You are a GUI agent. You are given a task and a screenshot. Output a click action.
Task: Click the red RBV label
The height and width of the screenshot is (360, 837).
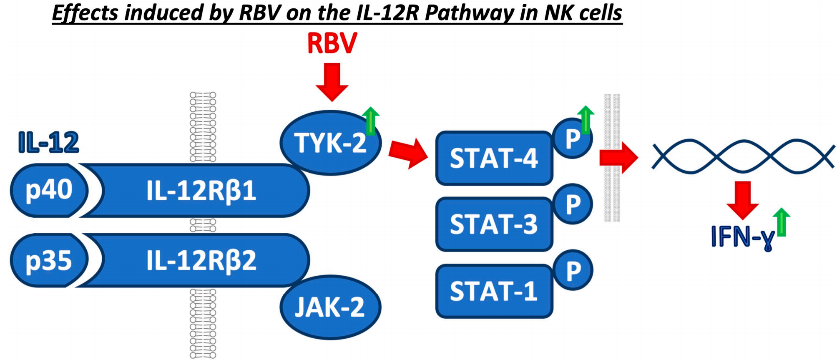(332, 43)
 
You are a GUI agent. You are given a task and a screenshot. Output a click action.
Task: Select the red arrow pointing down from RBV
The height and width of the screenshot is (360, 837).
(332, 82)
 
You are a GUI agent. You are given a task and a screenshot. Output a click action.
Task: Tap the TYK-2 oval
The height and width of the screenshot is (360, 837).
(330, 142)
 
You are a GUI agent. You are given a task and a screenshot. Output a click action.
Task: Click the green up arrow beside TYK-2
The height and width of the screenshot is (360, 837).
(370, 121)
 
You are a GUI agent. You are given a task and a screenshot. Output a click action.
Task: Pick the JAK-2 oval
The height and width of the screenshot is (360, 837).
(330, 307)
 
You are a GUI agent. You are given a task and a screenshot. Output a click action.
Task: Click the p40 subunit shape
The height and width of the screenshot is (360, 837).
(49, 190)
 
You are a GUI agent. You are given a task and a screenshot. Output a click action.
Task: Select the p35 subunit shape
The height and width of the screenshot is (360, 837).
(49, 260)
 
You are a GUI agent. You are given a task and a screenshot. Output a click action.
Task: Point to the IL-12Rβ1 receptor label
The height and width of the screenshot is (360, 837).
(201, 191)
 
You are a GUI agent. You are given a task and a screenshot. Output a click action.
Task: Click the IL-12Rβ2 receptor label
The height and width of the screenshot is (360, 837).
(201, 261)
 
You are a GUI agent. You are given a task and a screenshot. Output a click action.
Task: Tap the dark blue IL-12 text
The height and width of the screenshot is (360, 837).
(48, 143)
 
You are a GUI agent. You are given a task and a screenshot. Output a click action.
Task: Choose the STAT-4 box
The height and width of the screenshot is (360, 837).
(494, 158)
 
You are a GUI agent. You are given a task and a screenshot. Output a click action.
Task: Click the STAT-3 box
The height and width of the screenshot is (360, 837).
(494, 224)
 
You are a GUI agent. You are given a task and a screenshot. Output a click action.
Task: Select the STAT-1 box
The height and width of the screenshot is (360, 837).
(494, 291)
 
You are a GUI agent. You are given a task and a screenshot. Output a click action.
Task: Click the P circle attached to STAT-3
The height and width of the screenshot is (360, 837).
(573, 204)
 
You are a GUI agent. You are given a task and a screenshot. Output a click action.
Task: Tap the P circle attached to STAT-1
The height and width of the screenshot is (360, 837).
(573, 270)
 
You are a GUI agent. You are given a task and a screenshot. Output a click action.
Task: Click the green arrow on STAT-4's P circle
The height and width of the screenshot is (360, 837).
(586, 120)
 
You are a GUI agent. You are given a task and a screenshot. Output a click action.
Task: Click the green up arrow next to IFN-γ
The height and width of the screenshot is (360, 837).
(781, 222)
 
